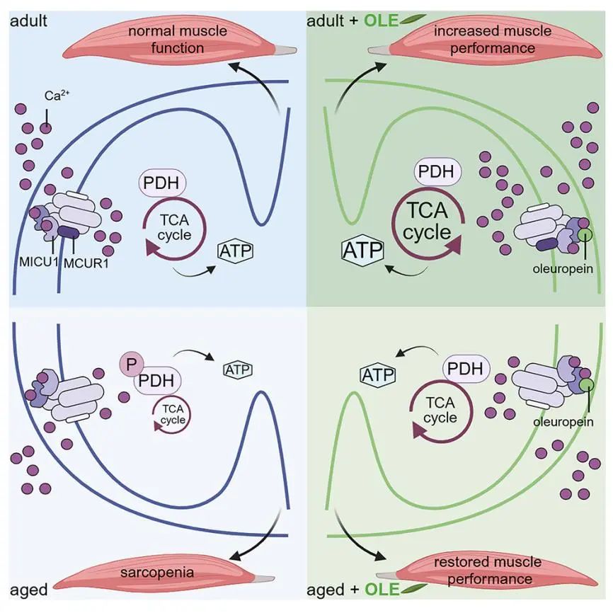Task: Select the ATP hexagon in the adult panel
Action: coord(235,250)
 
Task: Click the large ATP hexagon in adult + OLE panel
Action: coord(362,251)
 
